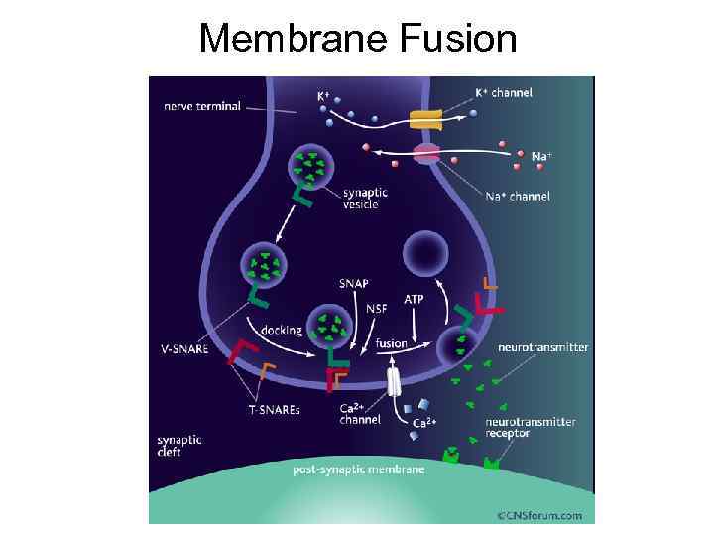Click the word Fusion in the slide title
click(459, 39)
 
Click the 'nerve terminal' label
click(201, 106)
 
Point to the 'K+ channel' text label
click(504, 93)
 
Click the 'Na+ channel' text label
click(518, 197)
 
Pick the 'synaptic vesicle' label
click(365, 199)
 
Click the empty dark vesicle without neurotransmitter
click(427, 255)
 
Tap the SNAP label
click(353, 283)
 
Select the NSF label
click(376, 308)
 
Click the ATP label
click(416, 298)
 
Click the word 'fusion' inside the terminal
click(391, 343)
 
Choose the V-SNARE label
click(184, 348)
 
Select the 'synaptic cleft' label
click(178, 443)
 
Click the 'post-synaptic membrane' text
click(358, 469)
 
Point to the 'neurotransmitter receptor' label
click(531, 428)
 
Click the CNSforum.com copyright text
click(539, 515)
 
